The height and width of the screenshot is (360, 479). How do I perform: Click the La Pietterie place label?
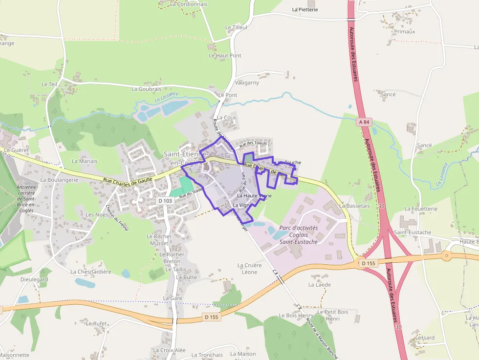(x=305, y=9)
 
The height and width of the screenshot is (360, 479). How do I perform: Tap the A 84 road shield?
(x=363, y=122)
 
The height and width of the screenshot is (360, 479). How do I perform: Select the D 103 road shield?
(x=165, y=201)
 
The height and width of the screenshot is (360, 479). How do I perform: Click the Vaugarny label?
(x=247, y=83)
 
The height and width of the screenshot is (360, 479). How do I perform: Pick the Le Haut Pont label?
(x=225, y=56)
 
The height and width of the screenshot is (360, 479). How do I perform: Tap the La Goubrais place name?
(x=146, y=89)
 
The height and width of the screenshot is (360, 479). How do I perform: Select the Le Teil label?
(x=49, y=84)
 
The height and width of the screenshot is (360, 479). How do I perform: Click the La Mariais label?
(x=85, y=161)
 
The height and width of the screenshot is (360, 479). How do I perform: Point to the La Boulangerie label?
(x=59, y=180)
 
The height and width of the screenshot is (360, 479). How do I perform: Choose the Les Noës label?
(x=96, y=215)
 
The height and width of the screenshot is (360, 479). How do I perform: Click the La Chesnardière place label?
(x=91, y=272)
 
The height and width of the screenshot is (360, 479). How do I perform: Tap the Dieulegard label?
(x=34, y=279)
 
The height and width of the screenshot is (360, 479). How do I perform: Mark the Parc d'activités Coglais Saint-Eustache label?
(x=298, y=235)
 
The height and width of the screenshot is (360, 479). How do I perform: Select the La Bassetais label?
(x=354, y=206)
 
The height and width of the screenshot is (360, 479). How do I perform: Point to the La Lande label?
(x=320, y=285)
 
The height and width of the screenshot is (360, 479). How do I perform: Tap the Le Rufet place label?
(x=96, y=323)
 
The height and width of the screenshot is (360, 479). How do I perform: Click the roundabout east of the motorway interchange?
(x=446, y=255)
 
